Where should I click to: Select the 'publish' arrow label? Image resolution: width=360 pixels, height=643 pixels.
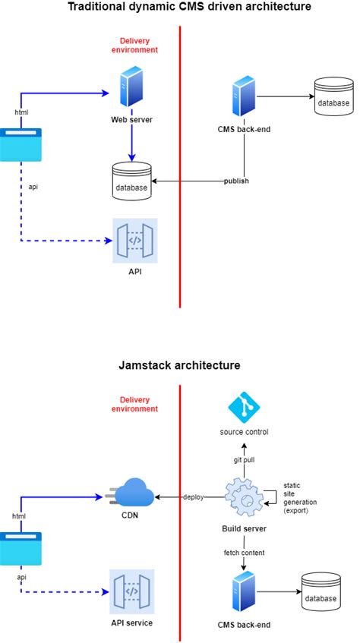237,181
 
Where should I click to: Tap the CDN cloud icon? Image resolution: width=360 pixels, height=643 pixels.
130,493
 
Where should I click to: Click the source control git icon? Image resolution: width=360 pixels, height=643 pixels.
245,407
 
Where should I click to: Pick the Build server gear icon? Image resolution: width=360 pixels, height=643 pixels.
245,497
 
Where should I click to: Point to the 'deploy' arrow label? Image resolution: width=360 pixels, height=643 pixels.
193,497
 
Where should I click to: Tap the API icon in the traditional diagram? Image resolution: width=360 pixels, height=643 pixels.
134,241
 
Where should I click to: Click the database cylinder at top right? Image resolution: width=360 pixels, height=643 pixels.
334,98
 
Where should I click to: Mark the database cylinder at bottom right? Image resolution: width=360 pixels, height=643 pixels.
320,594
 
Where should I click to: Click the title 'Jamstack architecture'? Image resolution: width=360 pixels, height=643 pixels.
179,365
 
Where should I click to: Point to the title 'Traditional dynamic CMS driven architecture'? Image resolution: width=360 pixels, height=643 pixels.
179,8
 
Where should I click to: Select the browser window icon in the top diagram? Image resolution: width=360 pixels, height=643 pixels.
21,145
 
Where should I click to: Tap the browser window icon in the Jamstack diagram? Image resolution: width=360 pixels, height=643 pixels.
21,548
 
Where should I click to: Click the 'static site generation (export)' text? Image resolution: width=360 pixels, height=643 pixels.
300,498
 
